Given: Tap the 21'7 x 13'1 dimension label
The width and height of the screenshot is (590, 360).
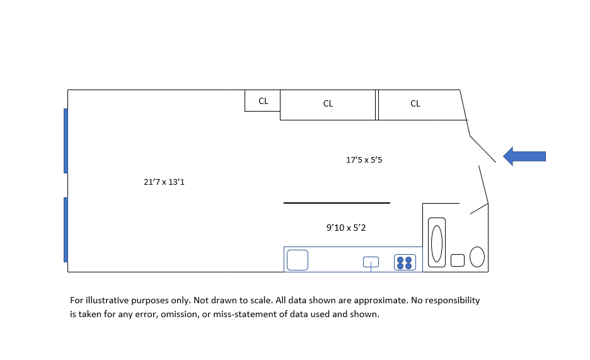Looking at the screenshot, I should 164,182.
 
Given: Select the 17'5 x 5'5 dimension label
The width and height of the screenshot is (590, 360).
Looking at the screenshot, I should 364,160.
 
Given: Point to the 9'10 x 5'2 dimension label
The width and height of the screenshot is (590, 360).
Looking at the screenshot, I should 346,228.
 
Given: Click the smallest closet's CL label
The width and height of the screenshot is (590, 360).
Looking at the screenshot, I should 263,101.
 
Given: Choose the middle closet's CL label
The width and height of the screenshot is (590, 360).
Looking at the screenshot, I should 328,104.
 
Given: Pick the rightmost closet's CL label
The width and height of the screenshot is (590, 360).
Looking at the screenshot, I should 415,104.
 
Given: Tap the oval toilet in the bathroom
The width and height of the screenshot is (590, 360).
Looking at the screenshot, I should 477,257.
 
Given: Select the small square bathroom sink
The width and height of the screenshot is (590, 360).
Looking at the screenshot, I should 458,260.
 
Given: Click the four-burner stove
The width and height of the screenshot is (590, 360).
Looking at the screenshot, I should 405,262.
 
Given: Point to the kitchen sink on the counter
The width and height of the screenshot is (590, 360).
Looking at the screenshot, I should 371,262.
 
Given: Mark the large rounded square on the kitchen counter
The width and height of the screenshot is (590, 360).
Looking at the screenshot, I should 298,260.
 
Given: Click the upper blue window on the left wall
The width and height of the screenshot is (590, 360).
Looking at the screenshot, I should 66,141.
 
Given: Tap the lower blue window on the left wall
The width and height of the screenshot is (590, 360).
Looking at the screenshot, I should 66,229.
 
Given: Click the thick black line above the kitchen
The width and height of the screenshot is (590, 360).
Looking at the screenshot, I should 337,203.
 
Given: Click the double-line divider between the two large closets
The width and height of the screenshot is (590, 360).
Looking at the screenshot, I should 376,105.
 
